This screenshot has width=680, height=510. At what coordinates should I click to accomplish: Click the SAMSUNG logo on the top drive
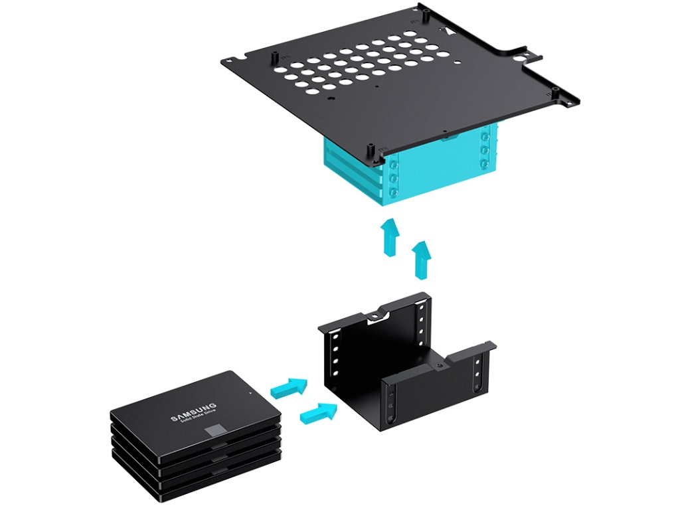pyautogui.click(x=193, y=412)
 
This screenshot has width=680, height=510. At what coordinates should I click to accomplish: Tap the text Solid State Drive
pyautogui.click(x=198, y=417)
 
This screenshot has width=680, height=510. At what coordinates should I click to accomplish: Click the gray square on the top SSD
pyautogui.click(x=214, y=430)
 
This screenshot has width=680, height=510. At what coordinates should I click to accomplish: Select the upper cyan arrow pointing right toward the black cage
pyautogui.click(x=290, y=387)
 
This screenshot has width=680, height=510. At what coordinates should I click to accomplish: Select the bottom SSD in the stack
pyautogui.click(x=197, y=485)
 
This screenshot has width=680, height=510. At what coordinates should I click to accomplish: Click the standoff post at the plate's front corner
pyautogui.click(x=371, y=151)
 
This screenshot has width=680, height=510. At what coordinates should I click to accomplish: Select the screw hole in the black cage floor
pyautogui.click(x=439, y=367)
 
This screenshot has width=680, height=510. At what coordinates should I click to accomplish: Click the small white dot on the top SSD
pyautogui.click(x=250, y=393)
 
